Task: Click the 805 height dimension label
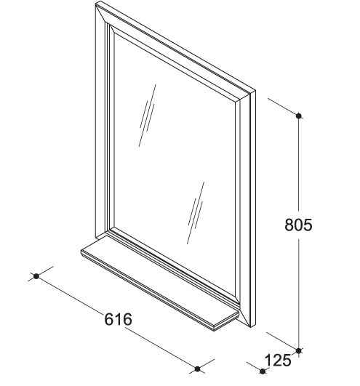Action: tap(298, 225)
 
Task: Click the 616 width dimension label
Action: tap(119, 319)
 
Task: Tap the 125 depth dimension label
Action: tap(278, 361)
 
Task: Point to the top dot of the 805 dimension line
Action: tap(299, 116)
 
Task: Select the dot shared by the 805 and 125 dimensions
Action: tap(299, 350)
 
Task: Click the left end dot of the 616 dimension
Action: tap(36, 276)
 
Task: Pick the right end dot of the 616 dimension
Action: tap(198, 369)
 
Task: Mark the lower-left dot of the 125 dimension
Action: tap(263, 371)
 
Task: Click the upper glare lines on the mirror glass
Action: tap(147, 116)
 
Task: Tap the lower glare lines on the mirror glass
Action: tap(196, 213)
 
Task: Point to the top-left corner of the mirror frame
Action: tap(96, 2)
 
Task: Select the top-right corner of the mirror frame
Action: tap(255, 91)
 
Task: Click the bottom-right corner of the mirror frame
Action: tap(252, 327)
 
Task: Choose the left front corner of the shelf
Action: tap(81, 251)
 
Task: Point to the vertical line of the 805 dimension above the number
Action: tap(299, 165)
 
